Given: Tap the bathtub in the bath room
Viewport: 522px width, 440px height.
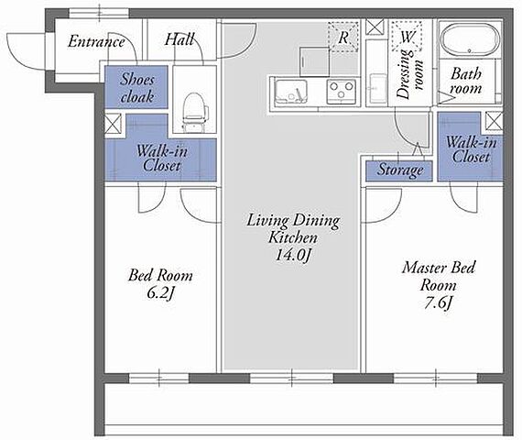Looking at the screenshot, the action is click(x=470, y=39).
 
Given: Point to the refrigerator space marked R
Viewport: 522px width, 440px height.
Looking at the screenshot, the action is click(x=343, y=37).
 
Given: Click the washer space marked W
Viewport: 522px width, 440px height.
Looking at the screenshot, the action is click(x=407, y=36).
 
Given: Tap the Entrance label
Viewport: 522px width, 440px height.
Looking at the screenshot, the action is click(x=96, y=41).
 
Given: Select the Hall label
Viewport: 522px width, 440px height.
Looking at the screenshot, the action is click(x=179, y=39).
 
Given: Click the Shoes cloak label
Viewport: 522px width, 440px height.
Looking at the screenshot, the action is click(x=137, y=88).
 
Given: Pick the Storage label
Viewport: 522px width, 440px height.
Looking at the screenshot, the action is click(x=400, y=170).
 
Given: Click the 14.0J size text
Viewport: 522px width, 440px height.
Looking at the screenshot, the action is click(x=293, y=256).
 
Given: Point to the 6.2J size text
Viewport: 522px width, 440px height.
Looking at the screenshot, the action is click(x=161, y=293).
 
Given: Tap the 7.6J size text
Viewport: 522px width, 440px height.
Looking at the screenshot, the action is click(x=439, y=302).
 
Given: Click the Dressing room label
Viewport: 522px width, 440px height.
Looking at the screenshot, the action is click(x=409, y=74).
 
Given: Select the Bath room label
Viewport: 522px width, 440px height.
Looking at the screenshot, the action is click(x=466, y=81).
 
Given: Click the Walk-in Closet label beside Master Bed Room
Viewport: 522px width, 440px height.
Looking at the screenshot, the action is click(x=471, y=149).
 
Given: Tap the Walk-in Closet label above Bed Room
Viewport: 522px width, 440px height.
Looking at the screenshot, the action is click(x=162, y=159).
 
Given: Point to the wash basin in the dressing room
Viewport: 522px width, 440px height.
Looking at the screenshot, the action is click(x=377, y=88).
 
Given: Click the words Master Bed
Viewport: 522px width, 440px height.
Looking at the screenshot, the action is click(x=439, y=268).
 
